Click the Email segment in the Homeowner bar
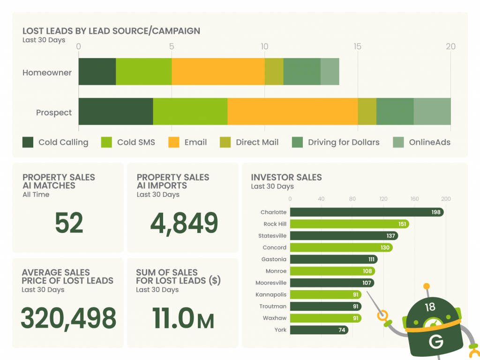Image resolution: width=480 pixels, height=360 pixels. pos(218,72)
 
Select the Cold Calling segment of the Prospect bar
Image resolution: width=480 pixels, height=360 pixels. pos(116,112)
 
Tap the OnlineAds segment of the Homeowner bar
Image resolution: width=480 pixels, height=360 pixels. pos(330,72)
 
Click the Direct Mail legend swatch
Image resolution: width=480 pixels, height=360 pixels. pos(225,142)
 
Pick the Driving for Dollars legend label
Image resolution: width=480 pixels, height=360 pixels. pos(344,142)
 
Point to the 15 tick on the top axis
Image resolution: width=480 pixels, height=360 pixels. pos(358,46)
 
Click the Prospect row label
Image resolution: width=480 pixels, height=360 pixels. pos(54,112)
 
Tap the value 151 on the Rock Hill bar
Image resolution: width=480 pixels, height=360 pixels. pos(402,224)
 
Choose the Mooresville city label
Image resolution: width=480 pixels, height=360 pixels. pos(271,283)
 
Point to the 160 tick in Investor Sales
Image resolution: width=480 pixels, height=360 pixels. pos(414,199)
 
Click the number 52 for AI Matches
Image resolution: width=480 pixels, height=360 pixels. pos(69,223)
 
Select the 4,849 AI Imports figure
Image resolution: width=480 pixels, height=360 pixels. pos(184,224)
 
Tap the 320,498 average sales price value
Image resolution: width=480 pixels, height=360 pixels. pos(68,318)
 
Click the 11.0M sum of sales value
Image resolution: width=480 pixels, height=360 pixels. pos(183,318)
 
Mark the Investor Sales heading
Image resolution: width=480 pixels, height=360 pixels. pos(286,177)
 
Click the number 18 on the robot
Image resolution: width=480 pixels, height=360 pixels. pos(430,307)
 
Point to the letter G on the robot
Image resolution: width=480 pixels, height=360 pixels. pos(435,342)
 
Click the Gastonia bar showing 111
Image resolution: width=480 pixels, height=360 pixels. pos(333,259)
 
